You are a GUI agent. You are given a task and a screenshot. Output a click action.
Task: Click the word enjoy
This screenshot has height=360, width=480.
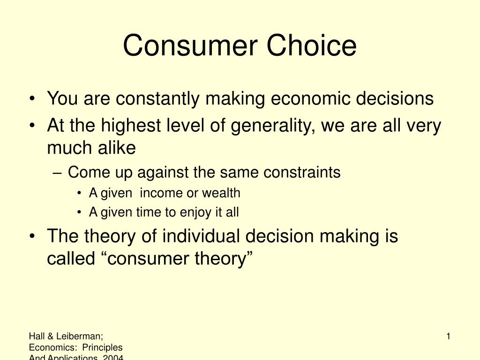pos(197,212)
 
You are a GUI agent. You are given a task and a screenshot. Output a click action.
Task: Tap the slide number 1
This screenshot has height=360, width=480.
pos(448,336)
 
